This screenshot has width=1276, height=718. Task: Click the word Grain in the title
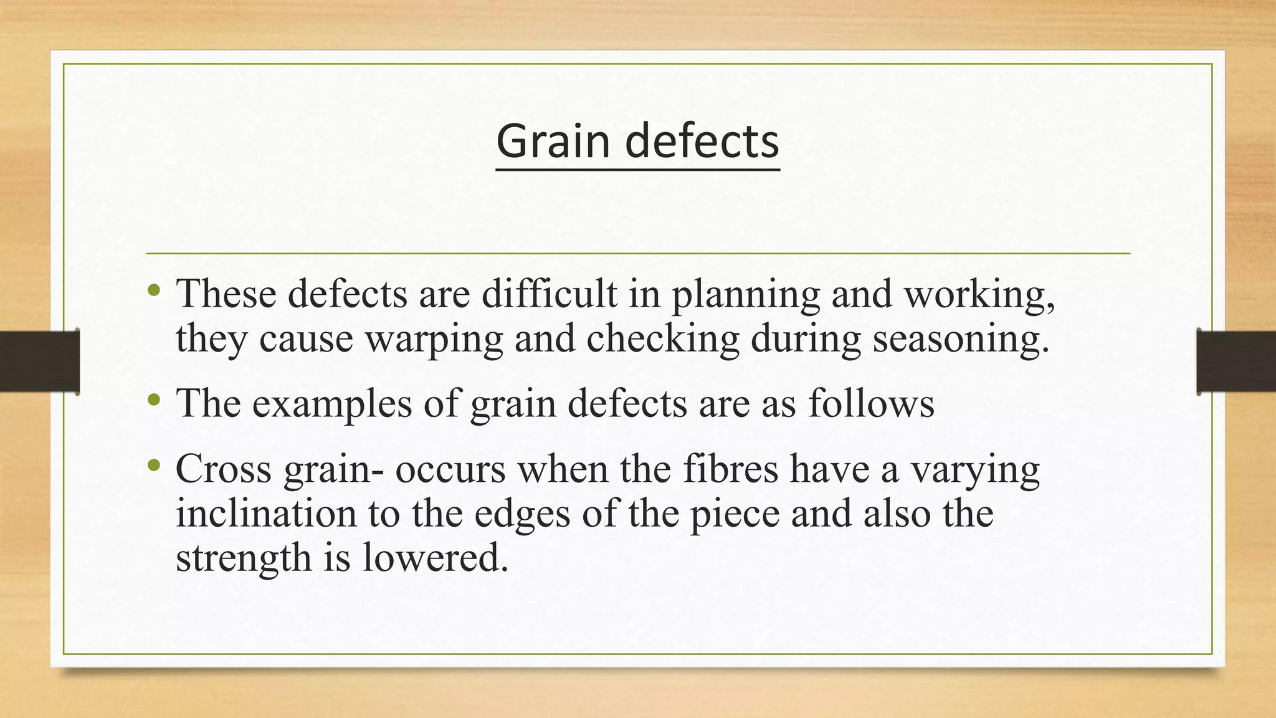(553, 141)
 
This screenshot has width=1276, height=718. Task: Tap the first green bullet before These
(155, 290)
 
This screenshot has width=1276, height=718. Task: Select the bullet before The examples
(155, 400)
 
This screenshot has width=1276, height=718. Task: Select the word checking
(662, 340)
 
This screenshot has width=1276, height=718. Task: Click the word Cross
(224, 469)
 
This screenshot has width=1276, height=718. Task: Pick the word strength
(244, 558)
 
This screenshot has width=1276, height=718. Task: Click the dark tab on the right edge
(1236, 361)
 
